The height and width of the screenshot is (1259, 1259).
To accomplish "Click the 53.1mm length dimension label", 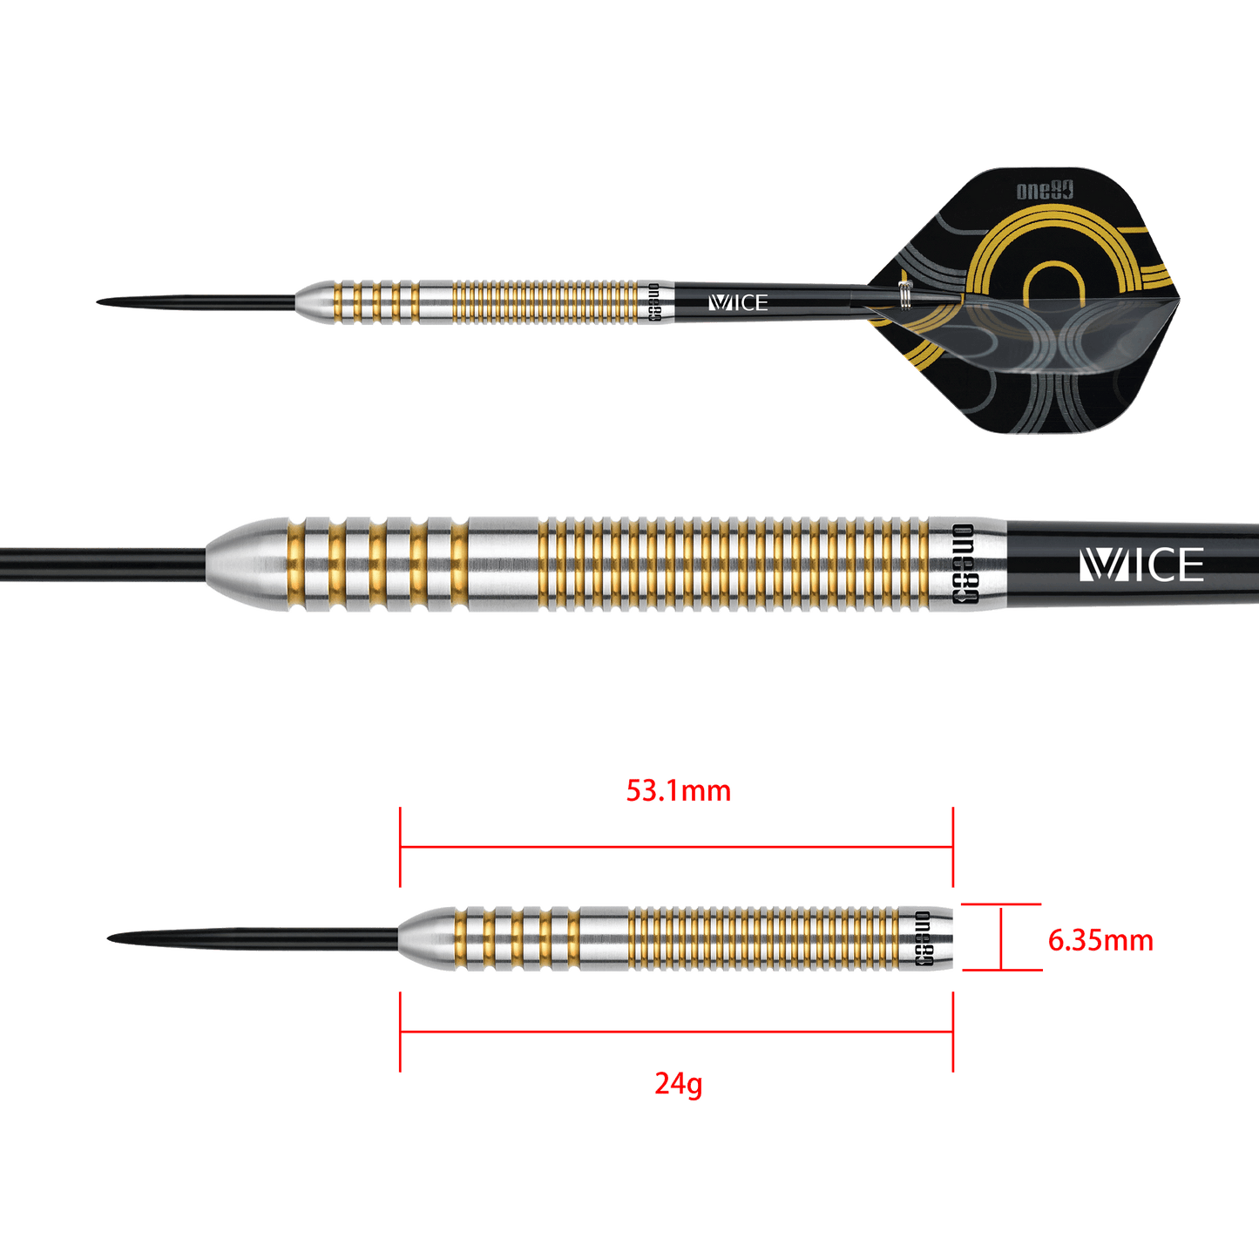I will [x=678, y=792].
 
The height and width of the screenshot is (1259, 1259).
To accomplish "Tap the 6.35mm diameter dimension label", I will [x=1100, y=940].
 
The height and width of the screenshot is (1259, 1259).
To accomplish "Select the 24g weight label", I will [x=678, y=1084].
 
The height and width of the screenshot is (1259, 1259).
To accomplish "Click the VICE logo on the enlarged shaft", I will [x=1141, y=565].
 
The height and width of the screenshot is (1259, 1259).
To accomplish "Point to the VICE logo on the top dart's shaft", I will [x=738, y=302].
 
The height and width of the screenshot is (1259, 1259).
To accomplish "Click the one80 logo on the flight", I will [x=1045, y=191].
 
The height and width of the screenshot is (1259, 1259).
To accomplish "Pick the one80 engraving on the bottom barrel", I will [x=923, y=939].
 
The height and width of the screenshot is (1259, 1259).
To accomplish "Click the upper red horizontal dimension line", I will [x=676, y=846].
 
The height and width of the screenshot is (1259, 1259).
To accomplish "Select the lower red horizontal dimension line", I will [x=676, y=1032].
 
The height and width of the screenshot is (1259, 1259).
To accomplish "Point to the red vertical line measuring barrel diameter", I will [x=1003, y=937].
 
